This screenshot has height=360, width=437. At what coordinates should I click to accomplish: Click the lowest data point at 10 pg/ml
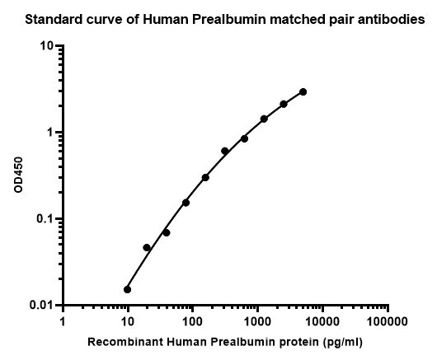point(127,289)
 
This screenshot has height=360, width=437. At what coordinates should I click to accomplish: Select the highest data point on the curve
point(303,92)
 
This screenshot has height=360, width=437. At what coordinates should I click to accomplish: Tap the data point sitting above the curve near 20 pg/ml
point(147,247)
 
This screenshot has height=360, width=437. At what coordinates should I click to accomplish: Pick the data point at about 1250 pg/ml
point(264,119)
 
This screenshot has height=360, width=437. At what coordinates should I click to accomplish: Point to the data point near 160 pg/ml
point(205,177)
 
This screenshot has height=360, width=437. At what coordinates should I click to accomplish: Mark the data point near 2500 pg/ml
point(284,104)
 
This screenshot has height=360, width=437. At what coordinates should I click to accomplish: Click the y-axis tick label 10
point(46,45)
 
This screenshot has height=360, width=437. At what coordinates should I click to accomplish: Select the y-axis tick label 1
point(50,133)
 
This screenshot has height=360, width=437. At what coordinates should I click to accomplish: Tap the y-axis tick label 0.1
point(45,219)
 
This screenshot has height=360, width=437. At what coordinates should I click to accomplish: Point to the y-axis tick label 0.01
point(41,305)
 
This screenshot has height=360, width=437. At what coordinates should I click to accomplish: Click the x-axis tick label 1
point(63,322)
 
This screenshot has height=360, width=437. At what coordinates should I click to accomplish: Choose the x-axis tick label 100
point(193,322)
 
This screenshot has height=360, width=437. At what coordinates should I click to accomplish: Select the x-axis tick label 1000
point(257,322)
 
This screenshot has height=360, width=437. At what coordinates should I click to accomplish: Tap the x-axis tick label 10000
point(322,322)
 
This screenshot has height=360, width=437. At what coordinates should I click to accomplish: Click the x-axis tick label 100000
point(388,322)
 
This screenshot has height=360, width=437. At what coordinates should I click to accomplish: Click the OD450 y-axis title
point(18,175)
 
